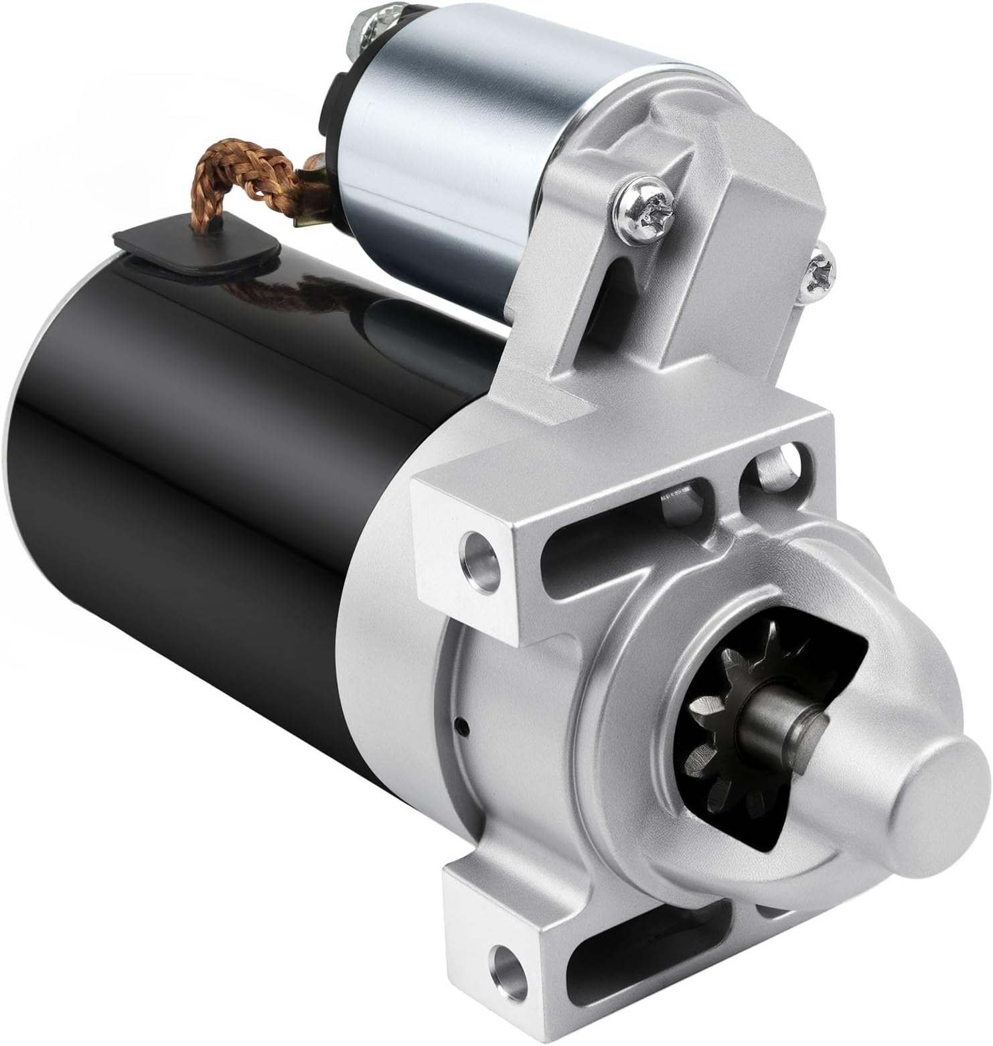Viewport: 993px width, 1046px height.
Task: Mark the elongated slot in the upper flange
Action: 603,529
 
